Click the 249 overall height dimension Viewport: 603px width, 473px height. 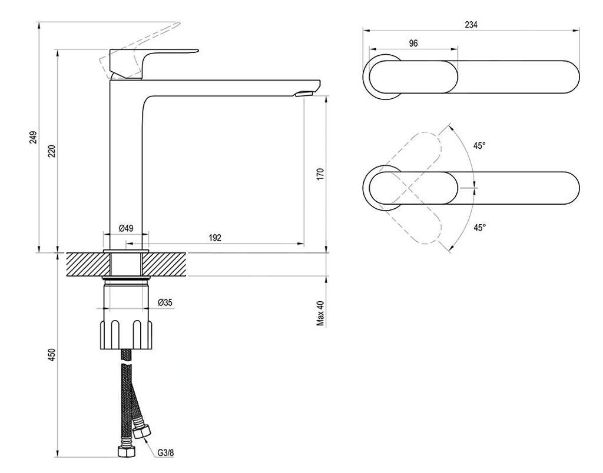(x=34, y=137)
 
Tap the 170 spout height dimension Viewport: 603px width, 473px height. (x=320, y=174)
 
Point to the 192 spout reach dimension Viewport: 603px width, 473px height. (x=215, y=238)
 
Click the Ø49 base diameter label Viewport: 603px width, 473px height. (x=126, y=228)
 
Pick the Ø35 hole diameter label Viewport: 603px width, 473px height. (x=165, y=303)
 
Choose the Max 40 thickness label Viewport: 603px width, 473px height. (x=320, y=314)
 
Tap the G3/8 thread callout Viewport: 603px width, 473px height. (x=165, y=452)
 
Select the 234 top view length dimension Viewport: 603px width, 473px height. (x=471, y=25)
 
